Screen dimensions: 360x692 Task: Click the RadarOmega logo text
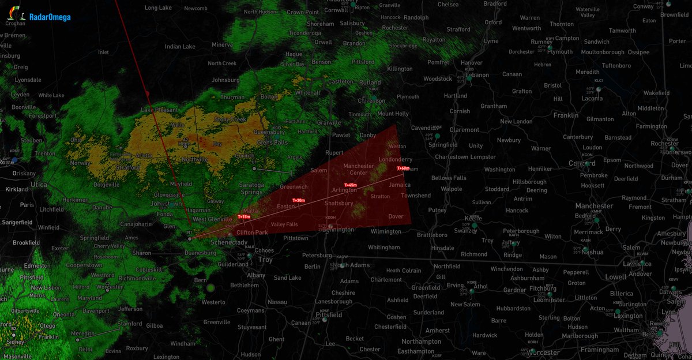(x=50, y=17)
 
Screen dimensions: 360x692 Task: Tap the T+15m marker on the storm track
(x=243, y=217)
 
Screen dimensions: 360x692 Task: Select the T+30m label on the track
(x=298, y=200)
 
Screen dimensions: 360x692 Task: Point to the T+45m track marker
(x=351, y=185)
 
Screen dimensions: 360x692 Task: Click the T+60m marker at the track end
(x=403, y=168)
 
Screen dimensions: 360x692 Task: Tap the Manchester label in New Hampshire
(x=594, y=206)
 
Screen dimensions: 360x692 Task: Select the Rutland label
(x=370, y=82)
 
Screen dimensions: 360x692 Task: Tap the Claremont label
(x=465, y=130)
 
